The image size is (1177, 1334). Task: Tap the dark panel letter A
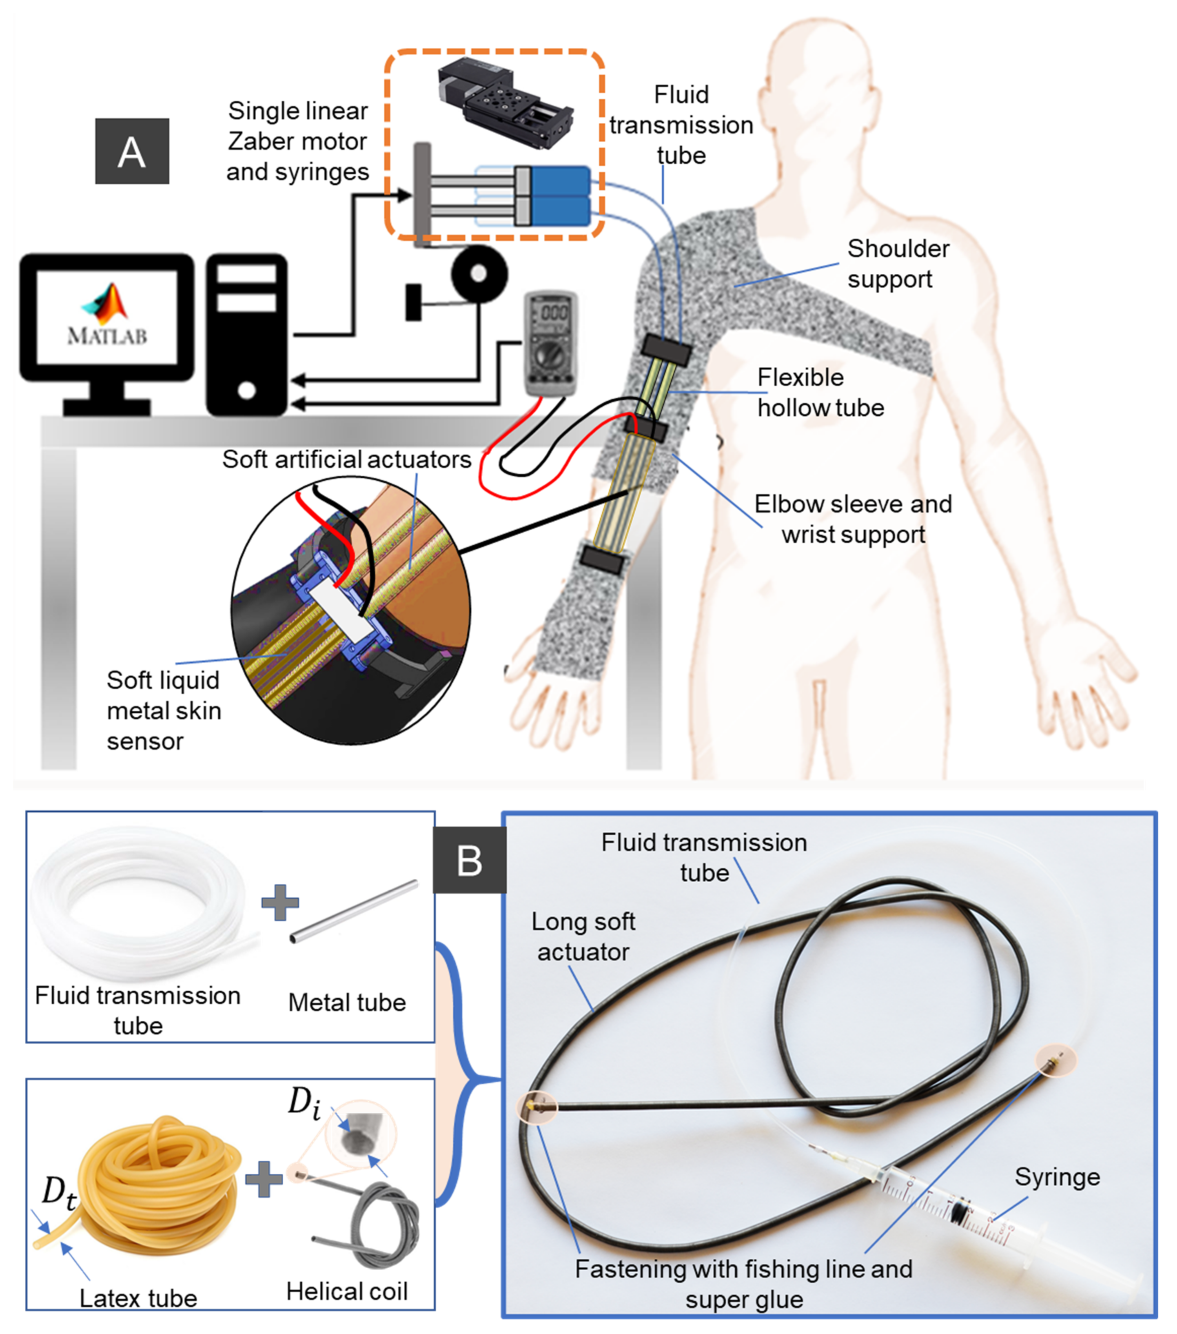coord(132,151)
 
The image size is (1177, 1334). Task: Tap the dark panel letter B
coord(469,860)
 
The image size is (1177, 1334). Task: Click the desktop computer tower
coord(247,334)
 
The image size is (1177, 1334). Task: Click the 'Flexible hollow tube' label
coord(820,392)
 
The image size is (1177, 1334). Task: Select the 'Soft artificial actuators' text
coord(347,459)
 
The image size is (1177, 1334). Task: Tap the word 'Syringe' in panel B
coord(1057,1177)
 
